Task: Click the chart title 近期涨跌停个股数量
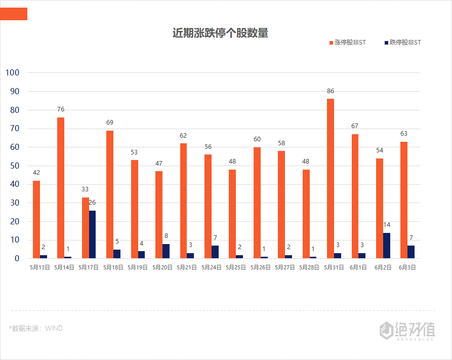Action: pos(220,33)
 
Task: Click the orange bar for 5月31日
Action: pos(331,178)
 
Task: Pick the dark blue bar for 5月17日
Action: pos(92,234)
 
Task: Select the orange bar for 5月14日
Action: pos(61,188)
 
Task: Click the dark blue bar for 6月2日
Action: pos(387,246)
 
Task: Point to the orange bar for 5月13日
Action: pos(36,219)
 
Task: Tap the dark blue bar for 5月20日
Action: pos(166,251)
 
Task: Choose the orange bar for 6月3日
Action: pos(404,200)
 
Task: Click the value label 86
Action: pos(331,91)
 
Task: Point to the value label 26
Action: pos(92,203)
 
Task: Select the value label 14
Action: pos(387,225)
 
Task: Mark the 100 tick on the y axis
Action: pos(12,72)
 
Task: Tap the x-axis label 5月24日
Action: pos(212,267)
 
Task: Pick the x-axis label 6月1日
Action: pos(358,267)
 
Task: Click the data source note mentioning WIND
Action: pos(36,328)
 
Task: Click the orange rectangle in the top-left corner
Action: pos(13,14)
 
